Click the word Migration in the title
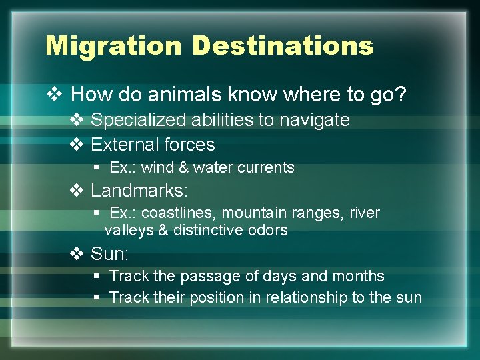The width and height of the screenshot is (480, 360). (113, 46)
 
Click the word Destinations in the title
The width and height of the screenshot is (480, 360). (283, 46)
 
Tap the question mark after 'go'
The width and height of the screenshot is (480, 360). (400, 95)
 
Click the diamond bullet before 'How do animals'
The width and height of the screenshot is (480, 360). (55, 95)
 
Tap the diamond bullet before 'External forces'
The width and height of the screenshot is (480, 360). (77, 145)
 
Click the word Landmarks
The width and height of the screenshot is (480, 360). (137, 191)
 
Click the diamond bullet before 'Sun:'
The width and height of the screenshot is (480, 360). (77, 253)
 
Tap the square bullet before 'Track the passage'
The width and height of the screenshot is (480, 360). (97, 276)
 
